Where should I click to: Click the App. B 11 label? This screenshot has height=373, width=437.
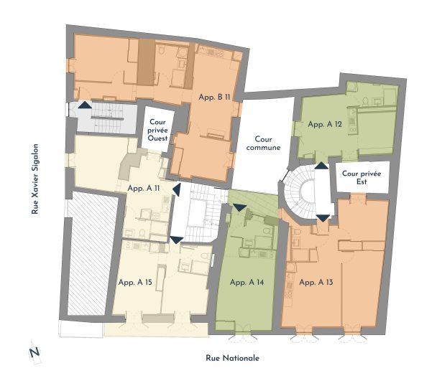[214, 97]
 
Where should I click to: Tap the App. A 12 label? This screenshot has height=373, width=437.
[325, 124]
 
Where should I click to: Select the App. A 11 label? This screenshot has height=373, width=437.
[144, 188]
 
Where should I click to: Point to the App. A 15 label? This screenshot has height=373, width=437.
[135, 282]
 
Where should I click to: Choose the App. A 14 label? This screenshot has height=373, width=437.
[247, 283]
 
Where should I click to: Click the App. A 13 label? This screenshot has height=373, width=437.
[316, 283]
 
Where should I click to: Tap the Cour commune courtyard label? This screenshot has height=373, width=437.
[263, 143]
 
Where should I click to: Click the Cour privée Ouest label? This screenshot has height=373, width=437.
[157, 130]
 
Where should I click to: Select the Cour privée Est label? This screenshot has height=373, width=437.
[362, 177]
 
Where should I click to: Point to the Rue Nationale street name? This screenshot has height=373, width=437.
[232, 358]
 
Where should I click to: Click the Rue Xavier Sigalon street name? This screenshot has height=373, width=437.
[34, 179]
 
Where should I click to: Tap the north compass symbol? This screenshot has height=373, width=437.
[34, 353]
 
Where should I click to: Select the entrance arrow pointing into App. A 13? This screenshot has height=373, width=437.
[323, 218]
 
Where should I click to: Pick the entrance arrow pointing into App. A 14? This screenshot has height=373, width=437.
[239, 207]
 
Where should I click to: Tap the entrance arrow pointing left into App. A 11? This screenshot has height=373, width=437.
[177, 189]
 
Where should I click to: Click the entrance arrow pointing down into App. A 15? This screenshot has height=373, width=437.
[177, 240]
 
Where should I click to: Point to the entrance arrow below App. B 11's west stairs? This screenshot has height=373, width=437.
[85, 105]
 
